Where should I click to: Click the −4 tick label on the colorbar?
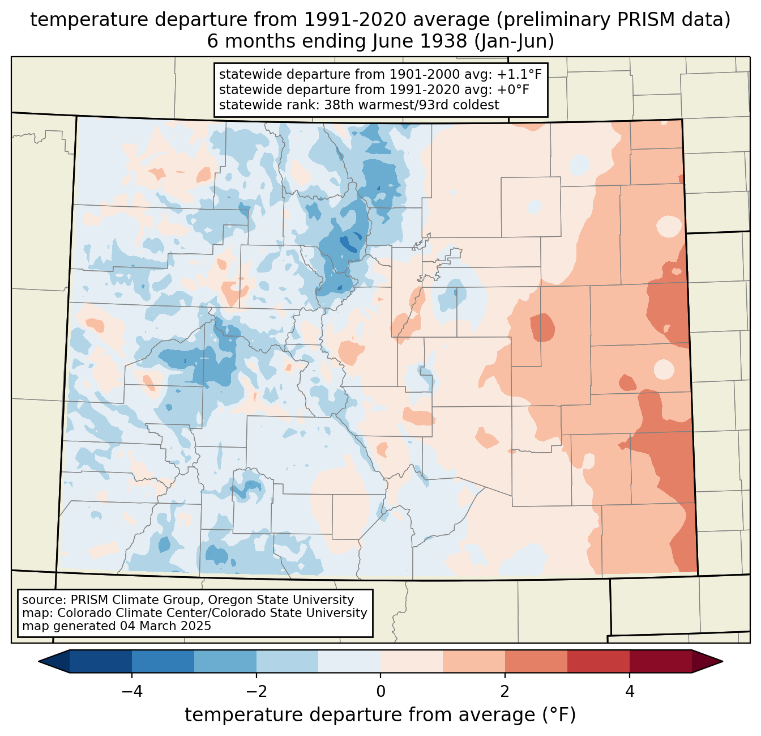pos(132,691)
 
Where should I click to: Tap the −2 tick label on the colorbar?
pos(256,691)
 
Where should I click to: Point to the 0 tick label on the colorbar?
pos(380,691)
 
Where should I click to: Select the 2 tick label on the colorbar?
pos(505,691)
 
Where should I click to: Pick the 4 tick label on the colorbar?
pos(629,691)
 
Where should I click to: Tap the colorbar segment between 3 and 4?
pos(598,662)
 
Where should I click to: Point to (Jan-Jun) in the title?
pos(514,42)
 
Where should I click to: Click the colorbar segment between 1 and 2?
pos(474,662)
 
